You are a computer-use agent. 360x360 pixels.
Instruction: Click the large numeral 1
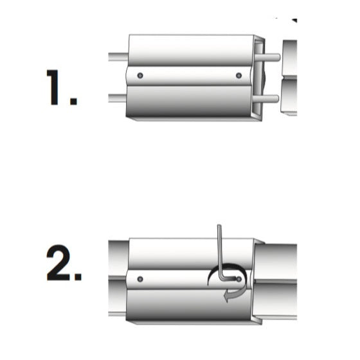[x=53, y=87]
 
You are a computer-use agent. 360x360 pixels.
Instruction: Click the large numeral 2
[x=59, y=263]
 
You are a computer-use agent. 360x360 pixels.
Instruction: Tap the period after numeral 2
[x=78, y=276]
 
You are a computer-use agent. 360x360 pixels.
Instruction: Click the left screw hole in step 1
[x=140, y=75]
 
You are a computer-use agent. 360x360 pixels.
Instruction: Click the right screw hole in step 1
[x=239, y=75]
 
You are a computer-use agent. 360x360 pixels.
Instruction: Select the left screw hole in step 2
[x=140, y=279]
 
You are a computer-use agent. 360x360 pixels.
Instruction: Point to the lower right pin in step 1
[x=266, y=99]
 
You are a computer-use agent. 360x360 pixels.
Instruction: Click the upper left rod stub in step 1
[x=118, y=57]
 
